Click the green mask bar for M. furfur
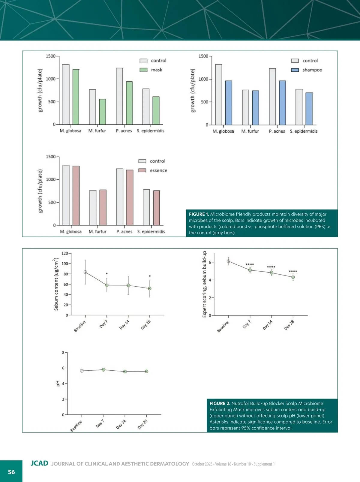click(x=103, y=112)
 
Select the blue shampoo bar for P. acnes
click(x=282, y=103)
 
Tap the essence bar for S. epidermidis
click(x=157, y=208)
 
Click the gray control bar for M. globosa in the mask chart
click(x=66, y=94)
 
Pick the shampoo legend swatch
click(x=295, y=70)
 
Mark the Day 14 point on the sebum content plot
click(x=128, y=285)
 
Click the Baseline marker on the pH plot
click(x=82, y=371)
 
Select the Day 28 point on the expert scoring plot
click(x=293, y=277)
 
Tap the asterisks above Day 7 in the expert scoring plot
click(x=250, y=265)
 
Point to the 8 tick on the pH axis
click(x=63, y=352)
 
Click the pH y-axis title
click(x=58, y=383)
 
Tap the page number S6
click(x=11, y=472)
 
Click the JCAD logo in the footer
click(x=39, y=463)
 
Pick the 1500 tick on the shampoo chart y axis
click(x=203, y=56)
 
